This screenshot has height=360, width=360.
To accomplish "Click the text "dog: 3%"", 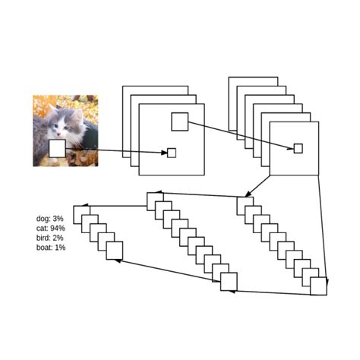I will pyautogui.click(x=49, y=219).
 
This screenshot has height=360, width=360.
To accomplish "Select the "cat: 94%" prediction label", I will pyautogui.click(x=51, y=228).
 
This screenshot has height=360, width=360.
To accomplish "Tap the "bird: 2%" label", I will pyautogui.click(x=50, y=238).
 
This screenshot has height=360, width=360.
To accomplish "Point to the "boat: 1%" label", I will pyautogui.click(x=51, y=248).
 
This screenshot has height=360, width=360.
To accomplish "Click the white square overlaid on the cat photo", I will pyautogui.click(x=57, y=148).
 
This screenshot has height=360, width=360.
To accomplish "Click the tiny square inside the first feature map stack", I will pyautogui.click(x=172, y=153).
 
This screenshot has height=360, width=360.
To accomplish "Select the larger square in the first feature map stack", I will pyautogui.click(x=179, y=121).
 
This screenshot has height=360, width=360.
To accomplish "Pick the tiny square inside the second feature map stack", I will pyautogui.click(x=298, y=148).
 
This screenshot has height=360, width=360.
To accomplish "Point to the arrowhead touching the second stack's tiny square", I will pyautogui.click(x=291, y=147).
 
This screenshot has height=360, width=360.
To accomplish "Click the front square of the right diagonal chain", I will pyautogui.click(x=319, y=286).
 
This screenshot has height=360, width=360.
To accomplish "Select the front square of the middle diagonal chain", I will pyautogui.click(x=229, y=282).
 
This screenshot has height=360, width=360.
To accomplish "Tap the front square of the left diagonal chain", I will pyautogui.click(x=115, y=250).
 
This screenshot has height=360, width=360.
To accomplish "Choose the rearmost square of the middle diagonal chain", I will pyautogui.click(x=155, y=201).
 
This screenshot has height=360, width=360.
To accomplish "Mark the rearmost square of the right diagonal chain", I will pyautogui.click(x=245, y=205).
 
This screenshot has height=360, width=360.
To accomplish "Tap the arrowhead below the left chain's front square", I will pyautogui.click(x=116, y=261).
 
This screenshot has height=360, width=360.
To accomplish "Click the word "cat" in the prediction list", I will pyautogui.click(x=41, y=228).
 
